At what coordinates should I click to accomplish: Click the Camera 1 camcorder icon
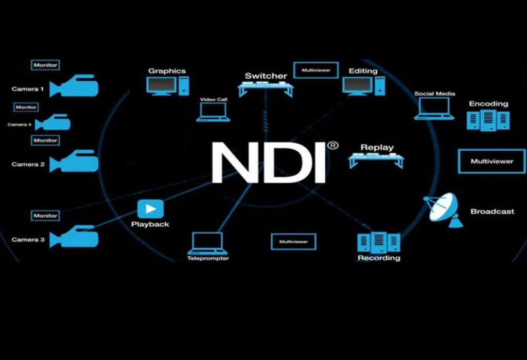pos(74,86)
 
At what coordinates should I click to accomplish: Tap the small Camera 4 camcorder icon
pos(53,122)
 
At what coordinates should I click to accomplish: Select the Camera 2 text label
pos(28,164)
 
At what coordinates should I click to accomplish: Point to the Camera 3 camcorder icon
pos(74,237)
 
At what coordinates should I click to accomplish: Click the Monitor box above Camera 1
pos(45,65)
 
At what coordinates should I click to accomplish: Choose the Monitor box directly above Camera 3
pos(45,215)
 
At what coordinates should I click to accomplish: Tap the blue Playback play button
pos(151,209)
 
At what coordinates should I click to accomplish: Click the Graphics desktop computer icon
pos(168,86)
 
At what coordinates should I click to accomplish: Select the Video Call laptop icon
pos(213,112)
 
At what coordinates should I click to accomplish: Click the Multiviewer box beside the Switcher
pos(316,70)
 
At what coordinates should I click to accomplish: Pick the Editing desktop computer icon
pos(364,86)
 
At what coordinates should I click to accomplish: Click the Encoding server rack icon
pos(488,120)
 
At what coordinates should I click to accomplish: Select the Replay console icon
pos(376,160)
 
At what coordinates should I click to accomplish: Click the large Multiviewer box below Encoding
pos(491,161)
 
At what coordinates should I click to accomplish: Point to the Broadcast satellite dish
pos(443,210)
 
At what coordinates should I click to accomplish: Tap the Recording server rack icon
pos(379,242)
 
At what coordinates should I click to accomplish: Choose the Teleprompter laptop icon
pos(207,244)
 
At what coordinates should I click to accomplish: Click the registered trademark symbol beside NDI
pos(332,146)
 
